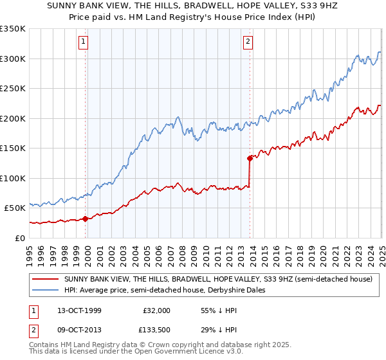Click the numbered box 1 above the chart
(84, 43)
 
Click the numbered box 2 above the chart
(248, 43)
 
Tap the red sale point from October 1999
(86, 219)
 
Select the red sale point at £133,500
(250, 157)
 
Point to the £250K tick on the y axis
(14, 89)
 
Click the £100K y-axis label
(14, 178)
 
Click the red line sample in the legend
(46, 280)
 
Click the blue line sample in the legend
(46, 290)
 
